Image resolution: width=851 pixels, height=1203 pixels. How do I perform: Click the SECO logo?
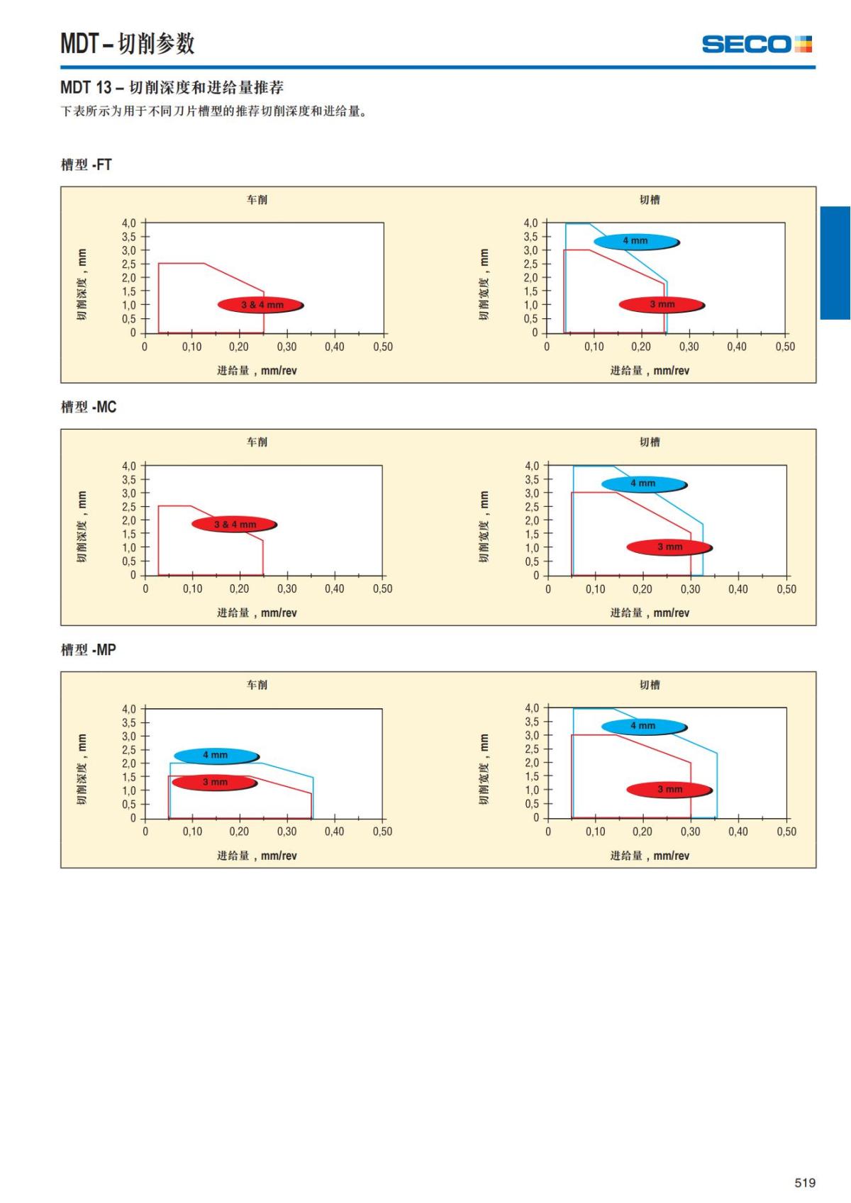tap(756, 44)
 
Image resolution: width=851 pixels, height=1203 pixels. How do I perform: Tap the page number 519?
tap(805, 1182)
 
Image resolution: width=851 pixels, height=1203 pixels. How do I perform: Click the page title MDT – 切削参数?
tap(128, 44)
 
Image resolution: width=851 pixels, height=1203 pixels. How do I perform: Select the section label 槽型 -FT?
tap(87, 164)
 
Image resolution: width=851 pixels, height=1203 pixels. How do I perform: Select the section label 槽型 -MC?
tap(89, 407)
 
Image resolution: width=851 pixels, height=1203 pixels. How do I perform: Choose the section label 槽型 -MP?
tap(89, 649)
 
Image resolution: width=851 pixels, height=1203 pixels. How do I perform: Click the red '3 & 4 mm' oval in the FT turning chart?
tap(261, 305)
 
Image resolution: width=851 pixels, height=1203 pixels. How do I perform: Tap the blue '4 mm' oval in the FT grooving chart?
tap(636, 241)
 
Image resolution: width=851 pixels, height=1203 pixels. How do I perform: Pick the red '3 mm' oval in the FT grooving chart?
tap(662, 305)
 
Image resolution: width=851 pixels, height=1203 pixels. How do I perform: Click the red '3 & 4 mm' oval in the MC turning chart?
tap(234, 525)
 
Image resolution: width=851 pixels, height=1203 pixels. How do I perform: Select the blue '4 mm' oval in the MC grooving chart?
tap(644, 483)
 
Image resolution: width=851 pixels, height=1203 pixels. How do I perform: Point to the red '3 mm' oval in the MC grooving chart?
tap(669, 547)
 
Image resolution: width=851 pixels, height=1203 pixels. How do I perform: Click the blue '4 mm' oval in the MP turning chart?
tap(216, 756)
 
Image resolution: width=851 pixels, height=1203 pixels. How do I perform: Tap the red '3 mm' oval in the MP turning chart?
tap(214, 783)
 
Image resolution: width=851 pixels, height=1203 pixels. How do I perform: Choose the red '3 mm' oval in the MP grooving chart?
tap(669, 790)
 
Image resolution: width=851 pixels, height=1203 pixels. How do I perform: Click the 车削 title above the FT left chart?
tap(257, 200)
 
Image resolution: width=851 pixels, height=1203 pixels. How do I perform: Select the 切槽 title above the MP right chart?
tap(650, 685)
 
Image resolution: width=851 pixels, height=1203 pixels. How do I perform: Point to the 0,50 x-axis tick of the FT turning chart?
tap(383, 347)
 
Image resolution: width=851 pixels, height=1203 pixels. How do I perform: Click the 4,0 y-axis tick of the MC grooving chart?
tap(532, 466)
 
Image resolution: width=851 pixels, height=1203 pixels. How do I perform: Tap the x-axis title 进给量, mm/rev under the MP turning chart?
tap(257, 856)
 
